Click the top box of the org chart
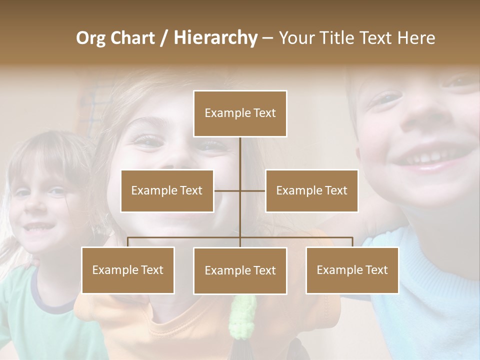coord(240,113)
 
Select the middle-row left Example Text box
coord(167,190)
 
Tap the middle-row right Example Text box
coord(311,190)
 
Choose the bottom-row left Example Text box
coord(128,270)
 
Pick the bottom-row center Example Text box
coord(240,270)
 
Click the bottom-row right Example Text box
coord(352,270)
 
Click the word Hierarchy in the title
coord(215,37)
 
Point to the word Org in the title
coord(90,38)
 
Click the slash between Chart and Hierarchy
coord(164,38)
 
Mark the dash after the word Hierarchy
coord(267,38)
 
